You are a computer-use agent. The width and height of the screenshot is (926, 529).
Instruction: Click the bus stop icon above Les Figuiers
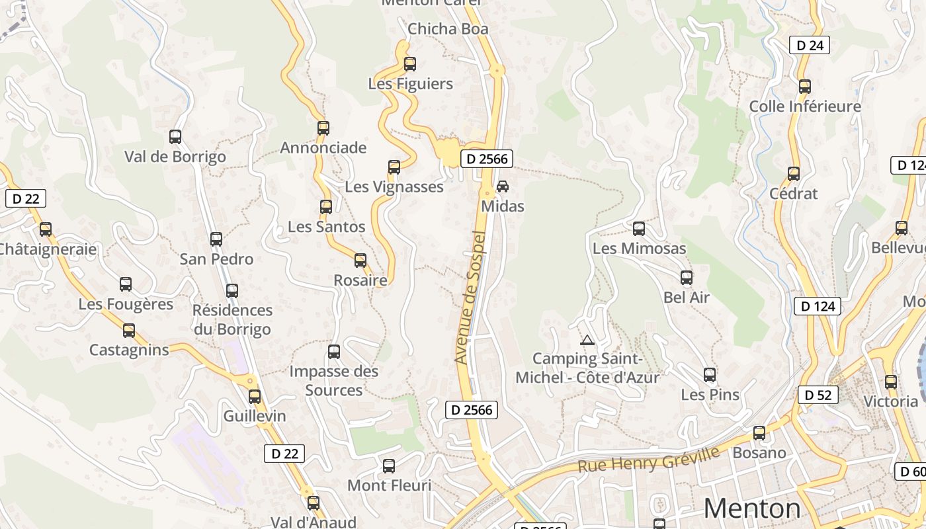pos(409,64)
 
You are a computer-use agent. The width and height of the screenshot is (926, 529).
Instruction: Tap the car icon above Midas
pos(503,186)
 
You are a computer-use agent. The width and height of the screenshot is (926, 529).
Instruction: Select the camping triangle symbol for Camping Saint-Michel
pos(586,340)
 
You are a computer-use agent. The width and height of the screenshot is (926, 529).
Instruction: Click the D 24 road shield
pos(809,45)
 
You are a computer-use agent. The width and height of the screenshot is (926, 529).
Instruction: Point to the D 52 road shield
pos(818,395)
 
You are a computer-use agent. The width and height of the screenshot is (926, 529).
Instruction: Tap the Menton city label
pos(751,508)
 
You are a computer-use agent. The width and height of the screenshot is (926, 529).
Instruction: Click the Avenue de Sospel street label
pos(470,297)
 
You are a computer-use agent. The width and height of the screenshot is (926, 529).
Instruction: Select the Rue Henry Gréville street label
pos(648,459)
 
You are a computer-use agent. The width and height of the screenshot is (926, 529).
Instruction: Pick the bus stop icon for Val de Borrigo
pos(175,137)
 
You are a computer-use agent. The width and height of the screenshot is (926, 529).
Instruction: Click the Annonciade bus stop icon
pos(323,128)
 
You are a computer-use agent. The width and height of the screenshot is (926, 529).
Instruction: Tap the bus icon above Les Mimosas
pos(638,229)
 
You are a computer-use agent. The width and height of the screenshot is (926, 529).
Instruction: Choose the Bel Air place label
pos(687,297)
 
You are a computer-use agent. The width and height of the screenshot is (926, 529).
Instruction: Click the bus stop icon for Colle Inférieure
pos(804,87)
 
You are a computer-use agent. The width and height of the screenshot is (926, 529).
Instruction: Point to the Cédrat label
pos(793,194)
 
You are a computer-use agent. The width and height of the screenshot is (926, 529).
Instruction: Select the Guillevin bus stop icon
pos(255,397)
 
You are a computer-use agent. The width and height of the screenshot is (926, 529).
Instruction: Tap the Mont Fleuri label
pos(389,485)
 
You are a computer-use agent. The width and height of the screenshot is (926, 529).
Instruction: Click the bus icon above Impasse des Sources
pos(334,352)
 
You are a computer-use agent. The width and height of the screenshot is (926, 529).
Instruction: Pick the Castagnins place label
pos(129,350)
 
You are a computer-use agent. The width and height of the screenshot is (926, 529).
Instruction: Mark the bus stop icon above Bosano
pos(759,433)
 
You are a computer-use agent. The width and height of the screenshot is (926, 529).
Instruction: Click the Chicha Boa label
pos(448,28)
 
